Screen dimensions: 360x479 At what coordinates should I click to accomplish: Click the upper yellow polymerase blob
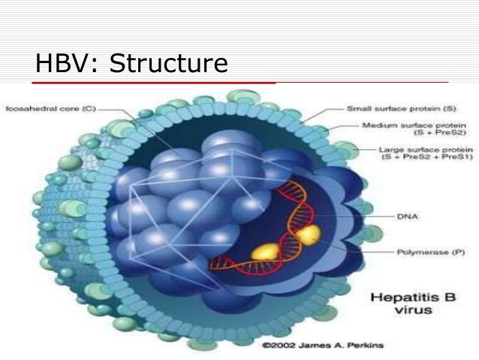point(307,235)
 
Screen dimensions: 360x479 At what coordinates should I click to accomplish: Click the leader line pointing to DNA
point(360,216)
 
